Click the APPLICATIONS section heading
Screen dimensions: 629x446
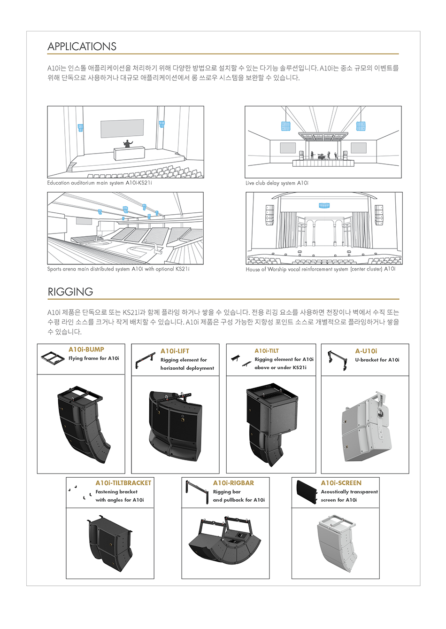tap(82, 47)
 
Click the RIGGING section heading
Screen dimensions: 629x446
tap(70, 292)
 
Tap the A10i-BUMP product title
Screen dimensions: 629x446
tap(86, 349)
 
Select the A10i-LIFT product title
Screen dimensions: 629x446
tap(175, 351)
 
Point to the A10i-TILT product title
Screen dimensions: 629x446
tap(267, 350)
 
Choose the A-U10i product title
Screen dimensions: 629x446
tap(366, 351)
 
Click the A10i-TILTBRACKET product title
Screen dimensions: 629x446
tap(123, 483)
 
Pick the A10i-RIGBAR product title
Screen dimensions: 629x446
tap(233, 483)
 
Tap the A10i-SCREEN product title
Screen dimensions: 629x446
tap(341, 483)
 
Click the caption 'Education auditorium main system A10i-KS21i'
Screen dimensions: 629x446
tap(100, 183)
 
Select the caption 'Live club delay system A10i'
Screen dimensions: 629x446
tap(277, 183)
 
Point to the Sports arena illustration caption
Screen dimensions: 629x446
tap(118, 269)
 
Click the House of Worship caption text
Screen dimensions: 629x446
tap(320, 269)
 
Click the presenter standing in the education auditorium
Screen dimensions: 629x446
tap(128, 143)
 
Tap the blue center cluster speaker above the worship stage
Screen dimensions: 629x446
tap(324, 205)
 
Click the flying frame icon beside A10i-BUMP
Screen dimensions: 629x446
tap(53, 358)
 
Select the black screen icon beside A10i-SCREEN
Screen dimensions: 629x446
tap(307, 491)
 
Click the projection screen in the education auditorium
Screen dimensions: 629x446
tap(122, 128)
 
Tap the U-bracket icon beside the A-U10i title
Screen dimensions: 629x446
tap(337, 360)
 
